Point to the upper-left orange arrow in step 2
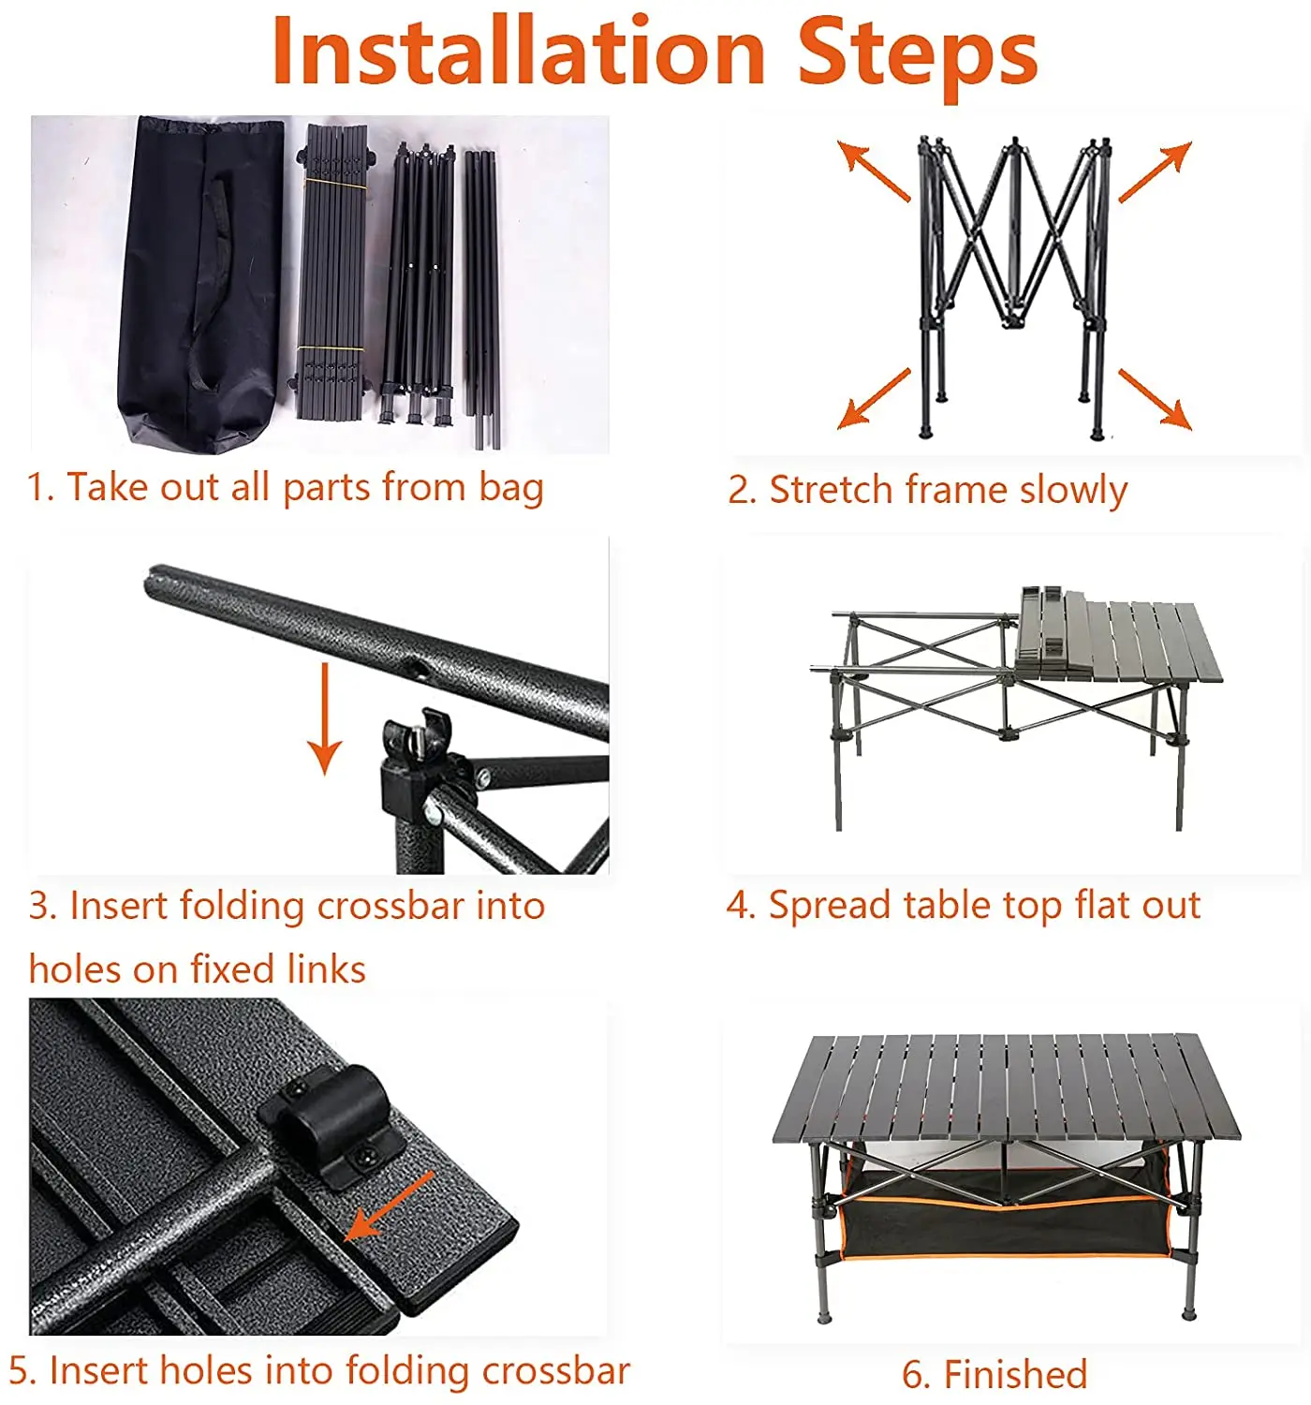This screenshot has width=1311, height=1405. tap(873, 171)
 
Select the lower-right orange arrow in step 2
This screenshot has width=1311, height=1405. tap(1156, 399)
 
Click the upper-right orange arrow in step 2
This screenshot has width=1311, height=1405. tap(1156, 171)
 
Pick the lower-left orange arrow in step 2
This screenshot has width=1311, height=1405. tap(874, 398)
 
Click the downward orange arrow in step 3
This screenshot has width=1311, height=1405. tap(325, 718)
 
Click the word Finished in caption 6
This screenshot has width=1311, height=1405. tap(1015, 1374)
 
